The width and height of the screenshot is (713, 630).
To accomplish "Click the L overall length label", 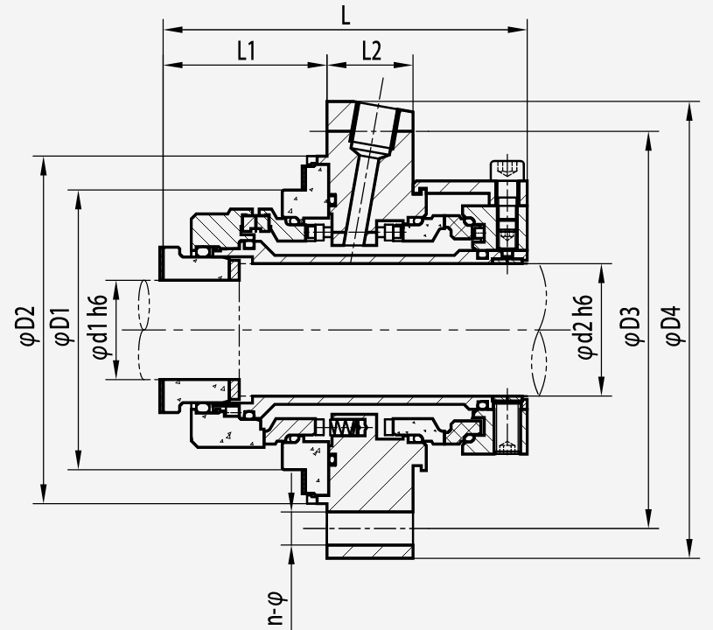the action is coord(346,16).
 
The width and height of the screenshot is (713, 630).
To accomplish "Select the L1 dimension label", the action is coord(247,51).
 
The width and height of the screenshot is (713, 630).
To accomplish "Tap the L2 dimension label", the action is coord(372,51).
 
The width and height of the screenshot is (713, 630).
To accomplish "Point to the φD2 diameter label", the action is coord(27,326).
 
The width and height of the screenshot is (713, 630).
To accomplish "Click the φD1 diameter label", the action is coord(62,326).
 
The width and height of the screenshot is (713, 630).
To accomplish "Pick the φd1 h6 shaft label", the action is coord(100,326).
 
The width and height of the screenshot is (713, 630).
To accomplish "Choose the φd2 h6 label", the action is coord(585,326).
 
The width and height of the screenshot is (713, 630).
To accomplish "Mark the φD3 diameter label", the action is coord(633,326).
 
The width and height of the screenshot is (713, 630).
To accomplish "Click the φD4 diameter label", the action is coord(673,326).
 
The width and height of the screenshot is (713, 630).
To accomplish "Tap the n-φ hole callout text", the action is coord(276,608).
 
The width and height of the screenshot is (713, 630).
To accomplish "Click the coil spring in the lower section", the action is coord(348,427).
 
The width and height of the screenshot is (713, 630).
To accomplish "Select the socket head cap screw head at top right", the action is coord(507,170).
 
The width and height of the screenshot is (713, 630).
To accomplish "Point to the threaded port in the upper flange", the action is coord(375,129).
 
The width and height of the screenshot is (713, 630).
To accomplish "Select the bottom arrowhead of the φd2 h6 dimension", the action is coord(602,386).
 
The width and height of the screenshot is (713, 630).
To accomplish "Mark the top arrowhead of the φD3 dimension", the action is coord(649,141).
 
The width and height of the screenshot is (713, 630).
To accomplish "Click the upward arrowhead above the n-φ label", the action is coord(291,554).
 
